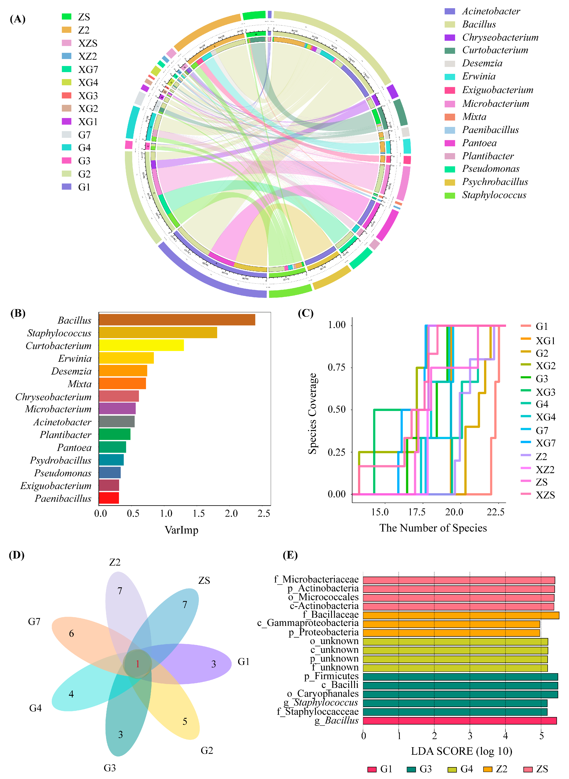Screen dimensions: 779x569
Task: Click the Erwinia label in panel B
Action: pos(75,358)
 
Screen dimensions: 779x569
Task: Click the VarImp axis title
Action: pos(182,530)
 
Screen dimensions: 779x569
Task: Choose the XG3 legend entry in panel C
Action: pos(545,392)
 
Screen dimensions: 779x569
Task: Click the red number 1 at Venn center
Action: pos(137,664)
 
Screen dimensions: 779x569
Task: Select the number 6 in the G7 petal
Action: pos(71,633)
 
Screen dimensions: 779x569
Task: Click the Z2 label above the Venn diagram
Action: pos(115,562)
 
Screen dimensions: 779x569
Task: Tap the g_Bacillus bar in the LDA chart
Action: pos(459,720)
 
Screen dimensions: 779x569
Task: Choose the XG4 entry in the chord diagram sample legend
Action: pos(88,82)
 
